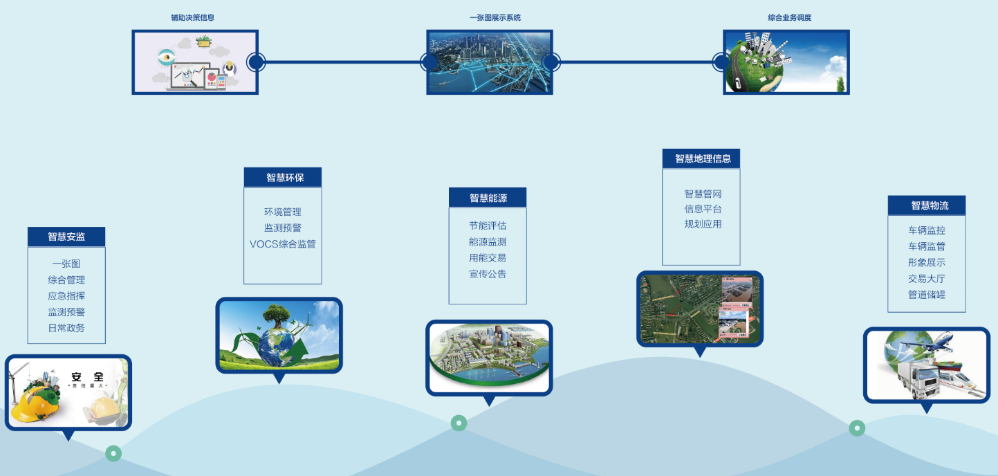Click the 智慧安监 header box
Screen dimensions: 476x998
66,237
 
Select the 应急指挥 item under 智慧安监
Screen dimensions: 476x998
66,296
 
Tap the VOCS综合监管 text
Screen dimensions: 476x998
283,244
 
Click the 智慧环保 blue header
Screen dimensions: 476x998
283,178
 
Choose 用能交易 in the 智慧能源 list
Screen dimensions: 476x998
488,258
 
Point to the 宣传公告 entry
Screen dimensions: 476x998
488,274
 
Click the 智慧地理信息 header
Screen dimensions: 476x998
701,158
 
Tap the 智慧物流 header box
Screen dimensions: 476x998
927,205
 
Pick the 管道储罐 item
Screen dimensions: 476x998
927,295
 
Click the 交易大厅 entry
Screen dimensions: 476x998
927,279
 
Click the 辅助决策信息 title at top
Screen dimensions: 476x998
192,18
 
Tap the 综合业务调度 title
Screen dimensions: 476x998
789,18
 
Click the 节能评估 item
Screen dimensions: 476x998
488,226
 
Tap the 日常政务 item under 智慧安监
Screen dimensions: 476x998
66,328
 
